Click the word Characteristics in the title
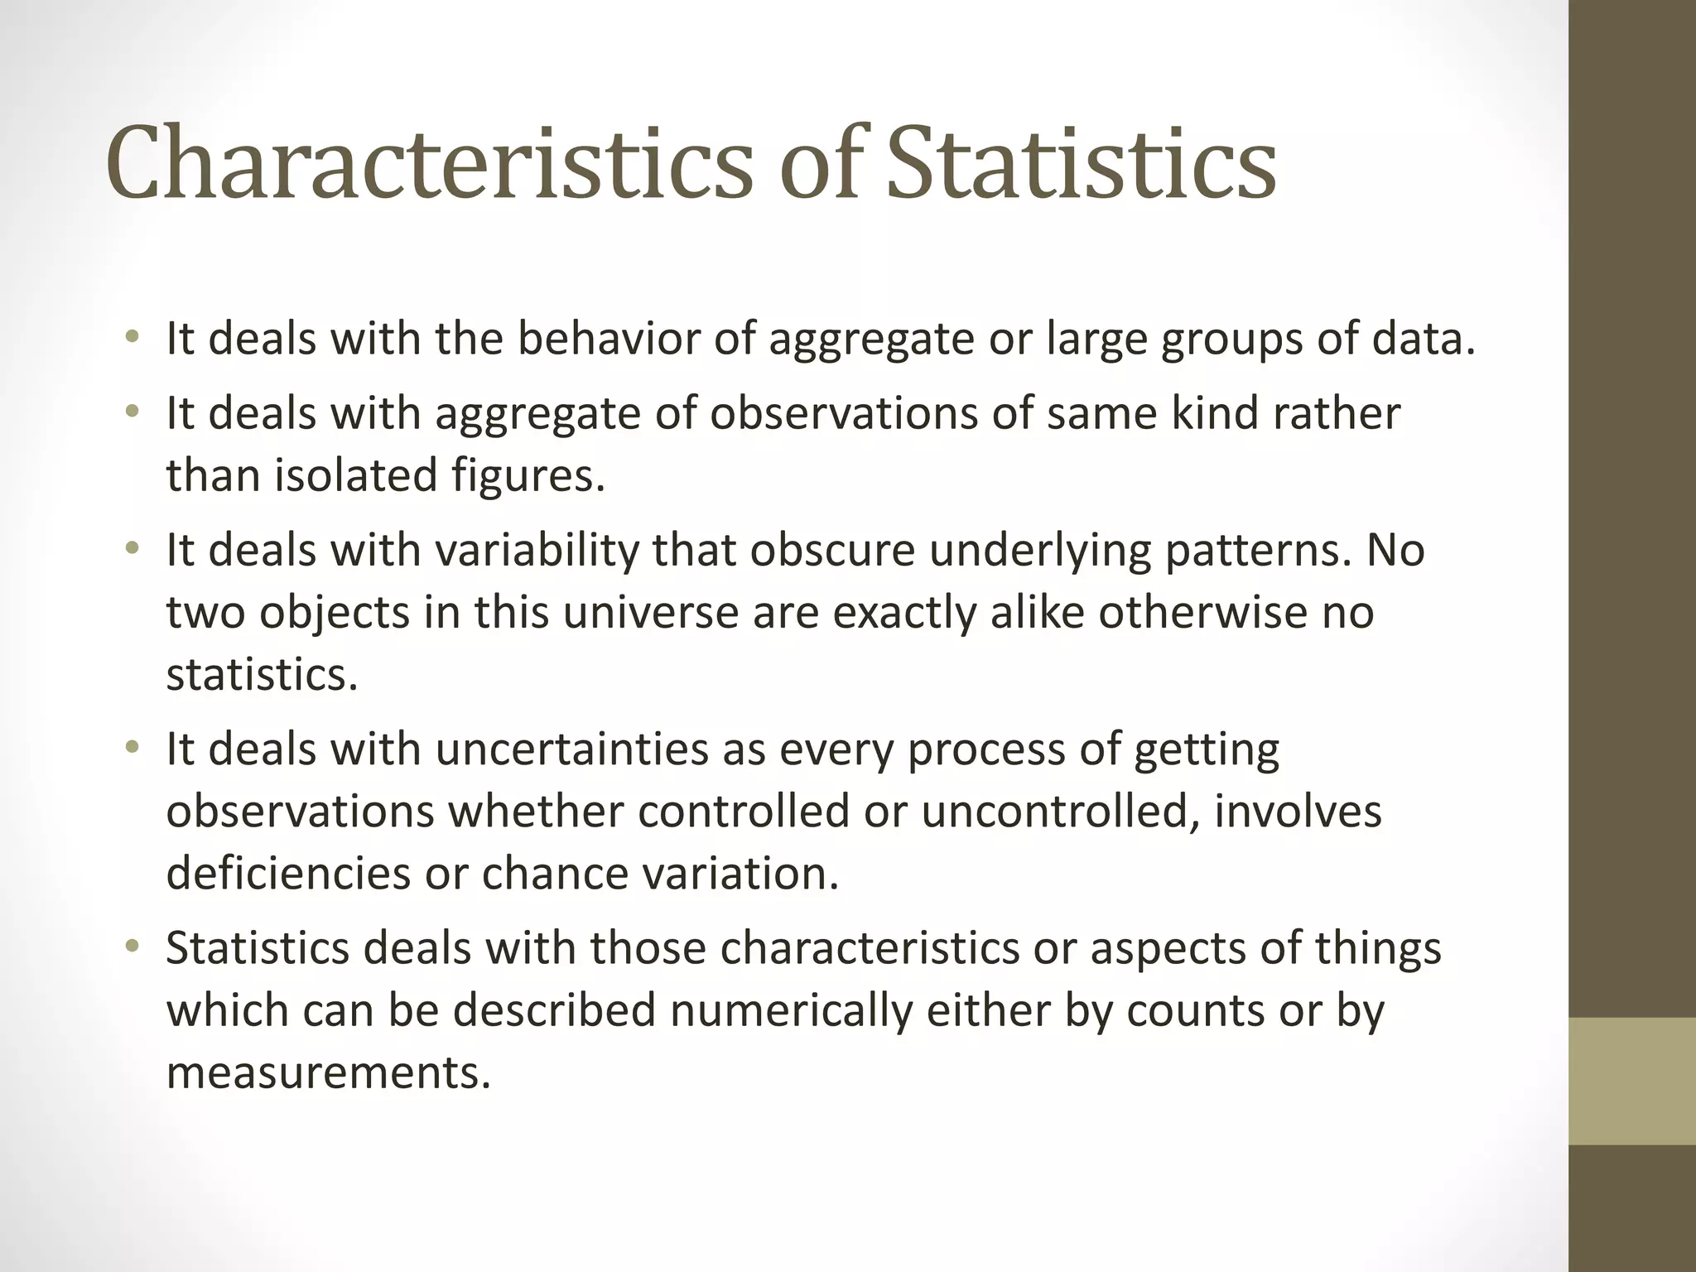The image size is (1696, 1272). tap(428, 163)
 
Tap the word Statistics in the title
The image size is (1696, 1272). tap(1081, 163)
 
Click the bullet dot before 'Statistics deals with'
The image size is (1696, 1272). tap(132, 947)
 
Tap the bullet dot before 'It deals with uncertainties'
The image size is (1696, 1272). tap(132, 748)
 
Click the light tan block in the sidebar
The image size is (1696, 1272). tap(1632, 1081)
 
